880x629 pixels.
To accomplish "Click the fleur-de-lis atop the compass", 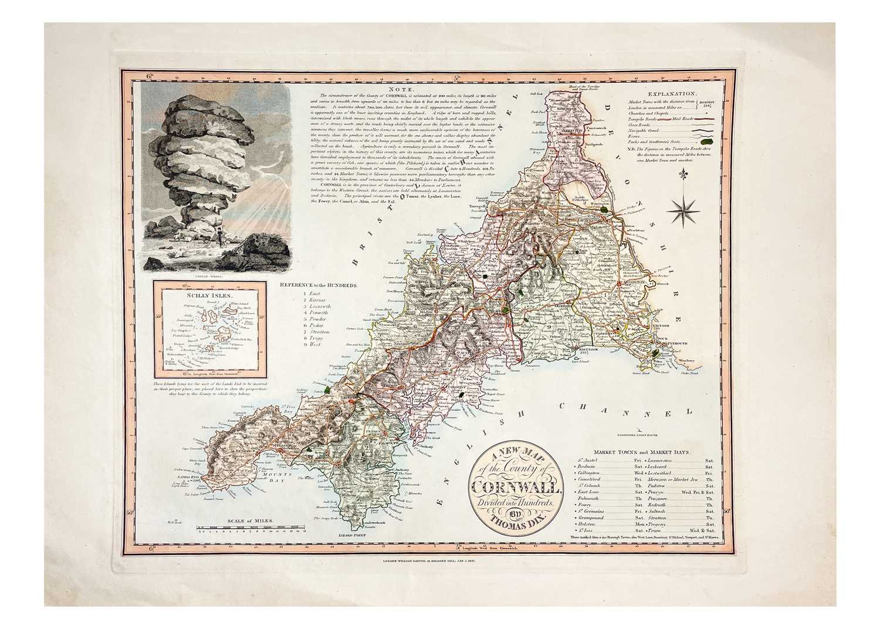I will tap(688, 177).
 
